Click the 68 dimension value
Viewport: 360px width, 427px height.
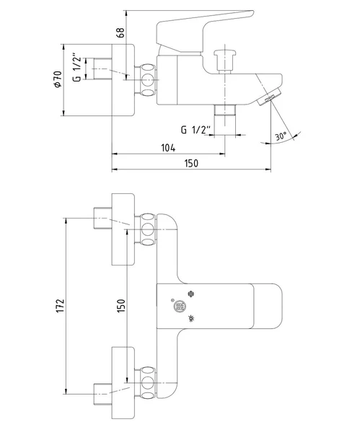click(x=121, y=32)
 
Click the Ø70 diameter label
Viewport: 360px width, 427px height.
click(x=58, y=79)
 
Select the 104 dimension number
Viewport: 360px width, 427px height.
click(x=168, y=148)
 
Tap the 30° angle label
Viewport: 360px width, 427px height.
click(x=281, y=136)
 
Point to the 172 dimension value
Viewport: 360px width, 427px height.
click(x=60, y=306)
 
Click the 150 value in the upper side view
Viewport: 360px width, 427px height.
click(x=191, y=164)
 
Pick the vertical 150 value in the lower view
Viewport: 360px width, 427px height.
click(x=121, y=305)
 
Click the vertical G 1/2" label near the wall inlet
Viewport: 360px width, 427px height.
click(x=77, y=69)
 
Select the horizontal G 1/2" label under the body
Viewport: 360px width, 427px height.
click(x=196, y=130)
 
